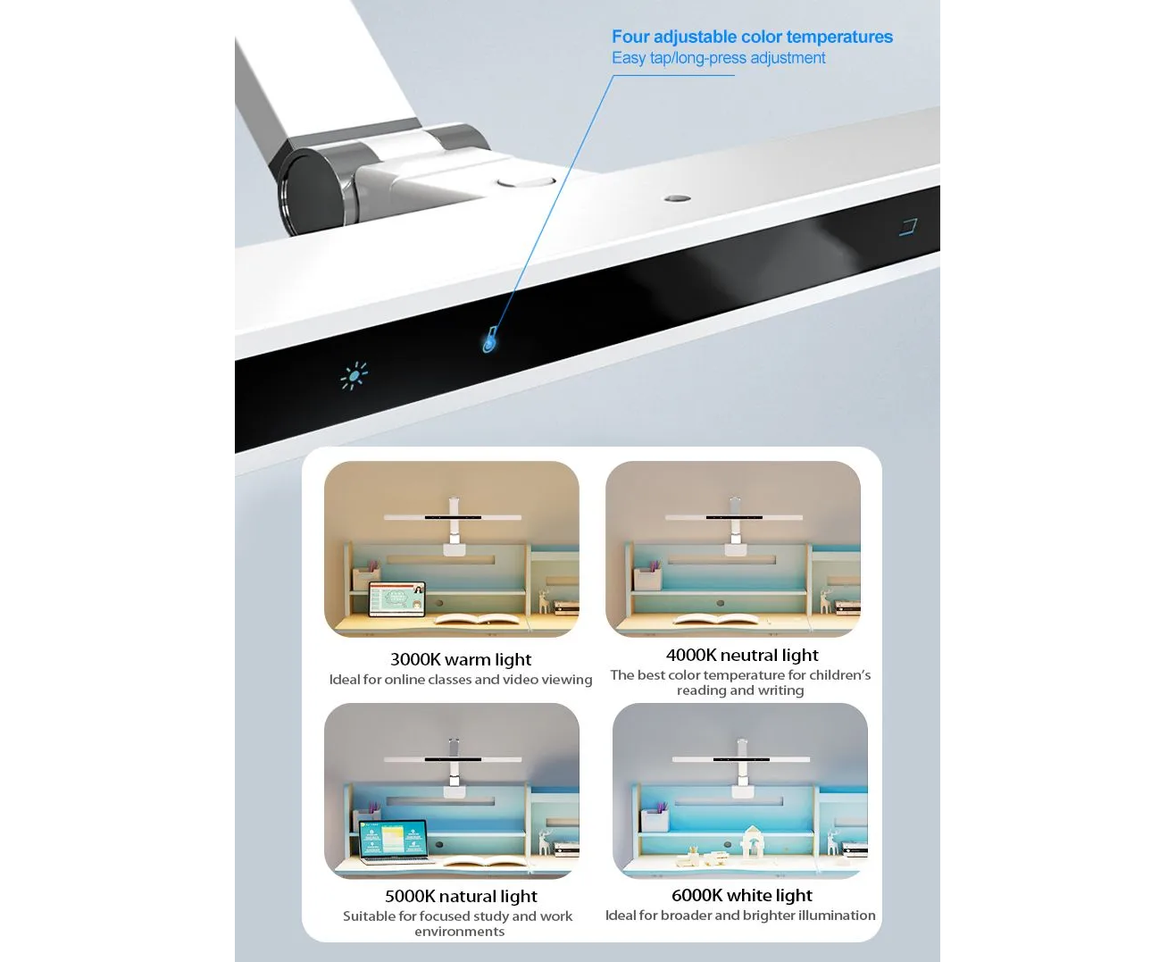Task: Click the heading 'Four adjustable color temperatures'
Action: coord(752,37)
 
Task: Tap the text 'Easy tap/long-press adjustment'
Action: coord(718,58)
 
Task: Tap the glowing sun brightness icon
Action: coord(354,376)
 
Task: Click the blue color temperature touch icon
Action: coord(489,339)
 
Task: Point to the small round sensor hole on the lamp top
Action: coord(678,198)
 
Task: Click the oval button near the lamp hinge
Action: coord(526,182)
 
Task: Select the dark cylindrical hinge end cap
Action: coord(313,191)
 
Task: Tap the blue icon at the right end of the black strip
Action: coord(908,227)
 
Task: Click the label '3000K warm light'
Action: coord(461,660)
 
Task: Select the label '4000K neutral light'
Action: coord(742,655)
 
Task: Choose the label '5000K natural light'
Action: coord(461,896)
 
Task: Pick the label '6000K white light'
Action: coord(742,895)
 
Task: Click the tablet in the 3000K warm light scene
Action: coord(397,599)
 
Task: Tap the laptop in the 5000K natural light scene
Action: coord(394,841)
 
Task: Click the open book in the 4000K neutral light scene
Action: coord(716,618)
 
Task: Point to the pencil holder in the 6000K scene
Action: coord(655,818)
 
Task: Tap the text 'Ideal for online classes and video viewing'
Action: coord(461,680)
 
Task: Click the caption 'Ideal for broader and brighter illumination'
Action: coord(740,916)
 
